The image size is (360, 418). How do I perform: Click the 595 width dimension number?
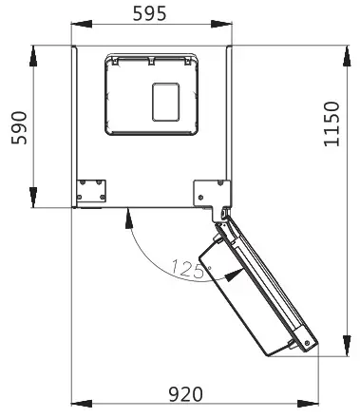149,14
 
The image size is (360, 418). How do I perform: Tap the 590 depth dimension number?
19,127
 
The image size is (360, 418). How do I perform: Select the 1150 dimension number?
332,124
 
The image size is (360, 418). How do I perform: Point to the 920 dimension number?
185,394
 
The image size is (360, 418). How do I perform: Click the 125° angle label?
191,269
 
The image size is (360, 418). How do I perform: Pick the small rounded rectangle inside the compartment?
165,102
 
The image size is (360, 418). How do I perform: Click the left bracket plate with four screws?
91,191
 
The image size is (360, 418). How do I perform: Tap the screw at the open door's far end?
307,343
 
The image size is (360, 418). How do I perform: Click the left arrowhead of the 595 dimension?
82,24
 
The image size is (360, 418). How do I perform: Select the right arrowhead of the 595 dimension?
221,24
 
